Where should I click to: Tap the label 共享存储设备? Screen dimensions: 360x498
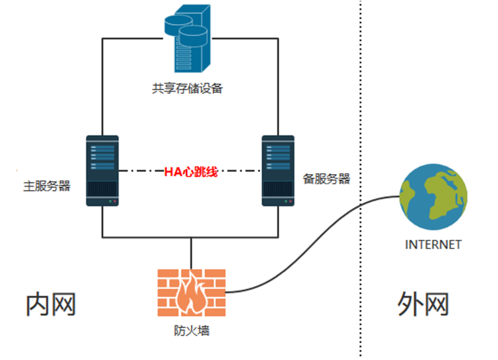(187, 89)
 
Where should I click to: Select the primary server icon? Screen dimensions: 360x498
(103, 170)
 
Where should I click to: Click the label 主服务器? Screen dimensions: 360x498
(47, 184)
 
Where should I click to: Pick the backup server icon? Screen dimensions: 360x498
(278, 170)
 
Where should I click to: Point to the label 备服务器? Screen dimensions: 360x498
(326, 179)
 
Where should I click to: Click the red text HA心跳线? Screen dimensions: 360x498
(190, 171)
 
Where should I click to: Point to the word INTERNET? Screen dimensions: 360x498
(433, 244)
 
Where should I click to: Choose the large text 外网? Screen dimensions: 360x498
(423, 304)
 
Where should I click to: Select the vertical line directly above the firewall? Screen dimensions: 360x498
(191, 253)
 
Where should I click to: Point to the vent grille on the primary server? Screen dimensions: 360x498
(103, 190)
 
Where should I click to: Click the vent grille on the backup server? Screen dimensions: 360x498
(278, 190)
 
